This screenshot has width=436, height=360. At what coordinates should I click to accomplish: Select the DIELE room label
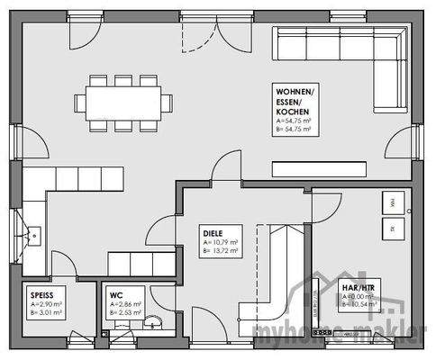tap(213, 231)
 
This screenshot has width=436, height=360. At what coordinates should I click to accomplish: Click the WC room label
tap(116, 294)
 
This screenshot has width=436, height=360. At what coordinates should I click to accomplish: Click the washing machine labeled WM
tap(395, 206)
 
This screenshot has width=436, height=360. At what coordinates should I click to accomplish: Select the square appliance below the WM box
tap(395, 229)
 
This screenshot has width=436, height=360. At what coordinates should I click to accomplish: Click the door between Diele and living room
tap(225, 169)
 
